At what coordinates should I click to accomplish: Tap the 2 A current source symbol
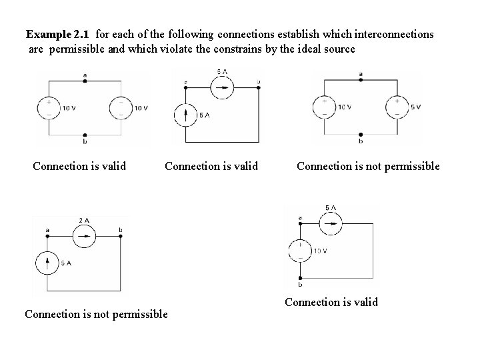83,234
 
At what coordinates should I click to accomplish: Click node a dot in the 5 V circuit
361,79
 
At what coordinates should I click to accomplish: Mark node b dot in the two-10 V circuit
85,134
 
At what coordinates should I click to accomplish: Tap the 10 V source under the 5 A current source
300,251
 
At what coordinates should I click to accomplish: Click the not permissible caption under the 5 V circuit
368,166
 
